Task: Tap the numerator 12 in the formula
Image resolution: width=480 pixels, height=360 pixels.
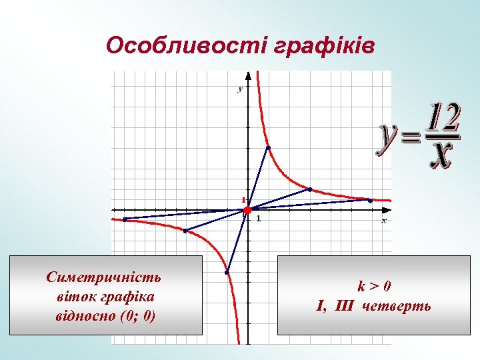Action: (x=443, y=118)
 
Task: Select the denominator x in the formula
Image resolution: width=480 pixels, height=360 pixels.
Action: (x=441, y=154)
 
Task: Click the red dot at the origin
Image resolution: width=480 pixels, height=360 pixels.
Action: (x=247, y=210)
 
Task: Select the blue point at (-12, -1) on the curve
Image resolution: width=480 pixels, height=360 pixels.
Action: (x=124, y=219)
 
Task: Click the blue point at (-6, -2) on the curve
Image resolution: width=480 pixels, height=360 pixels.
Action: (x=185, y=231)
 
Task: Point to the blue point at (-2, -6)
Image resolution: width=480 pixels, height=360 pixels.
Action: (x=227, y=272)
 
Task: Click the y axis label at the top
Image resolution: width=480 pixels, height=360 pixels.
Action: (x=240, y=89)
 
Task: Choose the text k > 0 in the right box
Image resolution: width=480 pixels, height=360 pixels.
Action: (x=374, y=287)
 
